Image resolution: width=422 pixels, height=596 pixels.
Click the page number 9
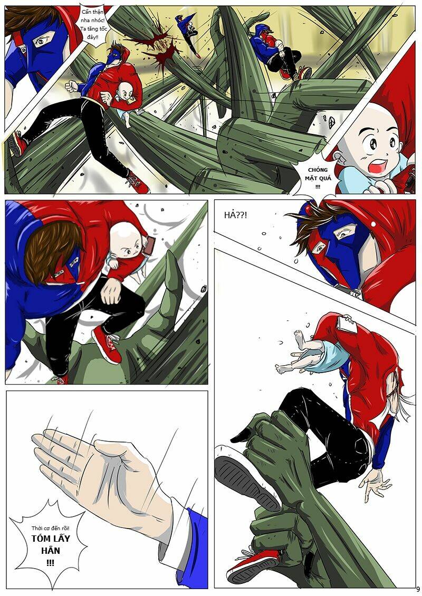click(418, 590)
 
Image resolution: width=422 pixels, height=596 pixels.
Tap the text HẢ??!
click(236, 215)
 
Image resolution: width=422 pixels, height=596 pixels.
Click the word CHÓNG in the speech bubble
click(318, 170)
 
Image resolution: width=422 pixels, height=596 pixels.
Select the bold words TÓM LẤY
click(51, 539)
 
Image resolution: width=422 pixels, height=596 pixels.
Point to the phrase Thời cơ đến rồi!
click(50, 529)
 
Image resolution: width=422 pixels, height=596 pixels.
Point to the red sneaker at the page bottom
click(253, 566)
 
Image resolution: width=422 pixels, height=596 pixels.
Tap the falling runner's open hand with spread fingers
click(375, 485)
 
